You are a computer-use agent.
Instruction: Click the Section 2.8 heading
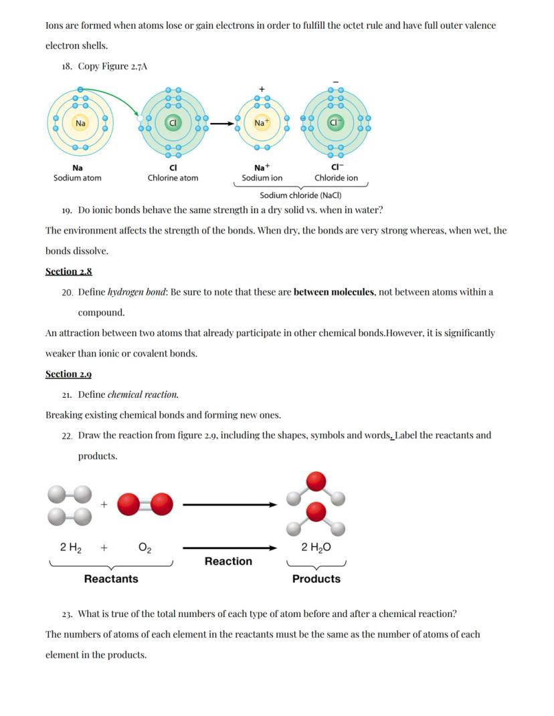click(x=68, y=271)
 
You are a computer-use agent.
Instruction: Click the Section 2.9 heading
click(x=68, y=374)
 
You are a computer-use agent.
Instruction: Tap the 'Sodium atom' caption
click(x=78, y=178)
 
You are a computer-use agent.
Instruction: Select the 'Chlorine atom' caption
click(x=173, y=178)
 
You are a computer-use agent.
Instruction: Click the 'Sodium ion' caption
click(x=262, y=178)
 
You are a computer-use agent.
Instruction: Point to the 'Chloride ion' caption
click(x=336, y=178)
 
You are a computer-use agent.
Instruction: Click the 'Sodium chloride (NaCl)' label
click(x=300, y=195)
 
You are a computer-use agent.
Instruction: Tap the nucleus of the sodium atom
click(x=80, y=123)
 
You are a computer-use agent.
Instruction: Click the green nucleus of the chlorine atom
click(x=173, y=123)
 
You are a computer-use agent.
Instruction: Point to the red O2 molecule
click(x=145, y=504)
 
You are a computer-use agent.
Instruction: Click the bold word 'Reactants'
click(x=111, y=579)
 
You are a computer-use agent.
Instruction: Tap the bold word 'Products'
click(x=316, y=579)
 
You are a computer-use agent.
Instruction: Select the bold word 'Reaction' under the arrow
click(x=228, y=562)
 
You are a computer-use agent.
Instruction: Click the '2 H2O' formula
click(x=316, y=548)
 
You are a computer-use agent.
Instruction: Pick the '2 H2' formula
click(x=71, y=548)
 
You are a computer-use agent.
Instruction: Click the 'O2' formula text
click(x=145, y=548)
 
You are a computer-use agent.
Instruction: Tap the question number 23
click(x=66, y=614)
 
